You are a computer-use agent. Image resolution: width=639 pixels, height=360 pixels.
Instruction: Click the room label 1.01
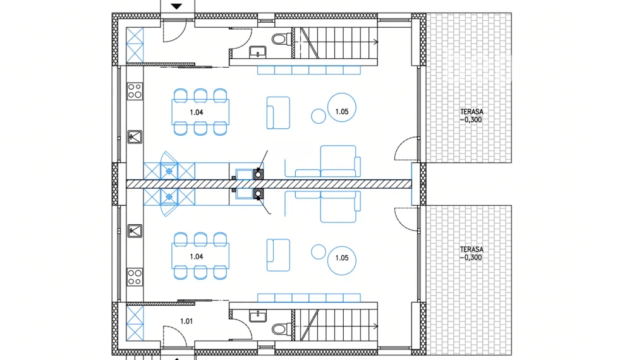(186, 321)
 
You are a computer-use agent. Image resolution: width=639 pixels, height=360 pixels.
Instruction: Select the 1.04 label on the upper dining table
(197, 112)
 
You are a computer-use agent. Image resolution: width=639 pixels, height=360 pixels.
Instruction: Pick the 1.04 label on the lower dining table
(197, 256)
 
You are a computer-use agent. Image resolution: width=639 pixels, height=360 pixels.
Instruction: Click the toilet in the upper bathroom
(282, 40)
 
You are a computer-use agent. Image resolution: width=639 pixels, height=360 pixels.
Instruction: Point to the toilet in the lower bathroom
(282, 328)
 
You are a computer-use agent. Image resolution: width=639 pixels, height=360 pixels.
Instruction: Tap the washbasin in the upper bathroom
(257, 52)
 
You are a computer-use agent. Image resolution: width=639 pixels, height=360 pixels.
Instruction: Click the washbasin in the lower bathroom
(257, 316)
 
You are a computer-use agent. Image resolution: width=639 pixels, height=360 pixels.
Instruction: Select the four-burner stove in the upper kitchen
(135, 91)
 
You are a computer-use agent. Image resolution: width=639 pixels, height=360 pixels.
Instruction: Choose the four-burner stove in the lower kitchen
(135, 277)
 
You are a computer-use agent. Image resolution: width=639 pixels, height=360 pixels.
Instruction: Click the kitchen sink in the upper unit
(135, 137)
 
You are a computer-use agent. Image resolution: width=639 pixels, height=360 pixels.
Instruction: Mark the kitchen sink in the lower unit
(135, 231)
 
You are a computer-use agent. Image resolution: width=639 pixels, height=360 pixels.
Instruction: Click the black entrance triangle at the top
(176, 6)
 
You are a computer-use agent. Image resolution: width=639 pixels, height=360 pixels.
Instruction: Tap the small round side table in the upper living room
(319, 116)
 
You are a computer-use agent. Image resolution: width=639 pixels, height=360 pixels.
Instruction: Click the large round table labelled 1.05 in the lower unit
(341, 260)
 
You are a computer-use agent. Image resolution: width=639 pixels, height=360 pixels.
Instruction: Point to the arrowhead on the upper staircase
(375, 42)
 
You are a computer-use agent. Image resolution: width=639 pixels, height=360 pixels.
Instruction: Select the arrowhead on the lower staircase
(375, 326)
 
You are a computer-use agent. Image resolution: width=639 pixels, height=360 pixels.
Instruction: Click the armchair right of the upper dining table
(278, 113)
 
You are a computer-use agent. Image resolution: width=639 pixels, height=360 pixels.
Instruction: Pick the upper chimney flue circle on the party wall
(258, 175)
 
